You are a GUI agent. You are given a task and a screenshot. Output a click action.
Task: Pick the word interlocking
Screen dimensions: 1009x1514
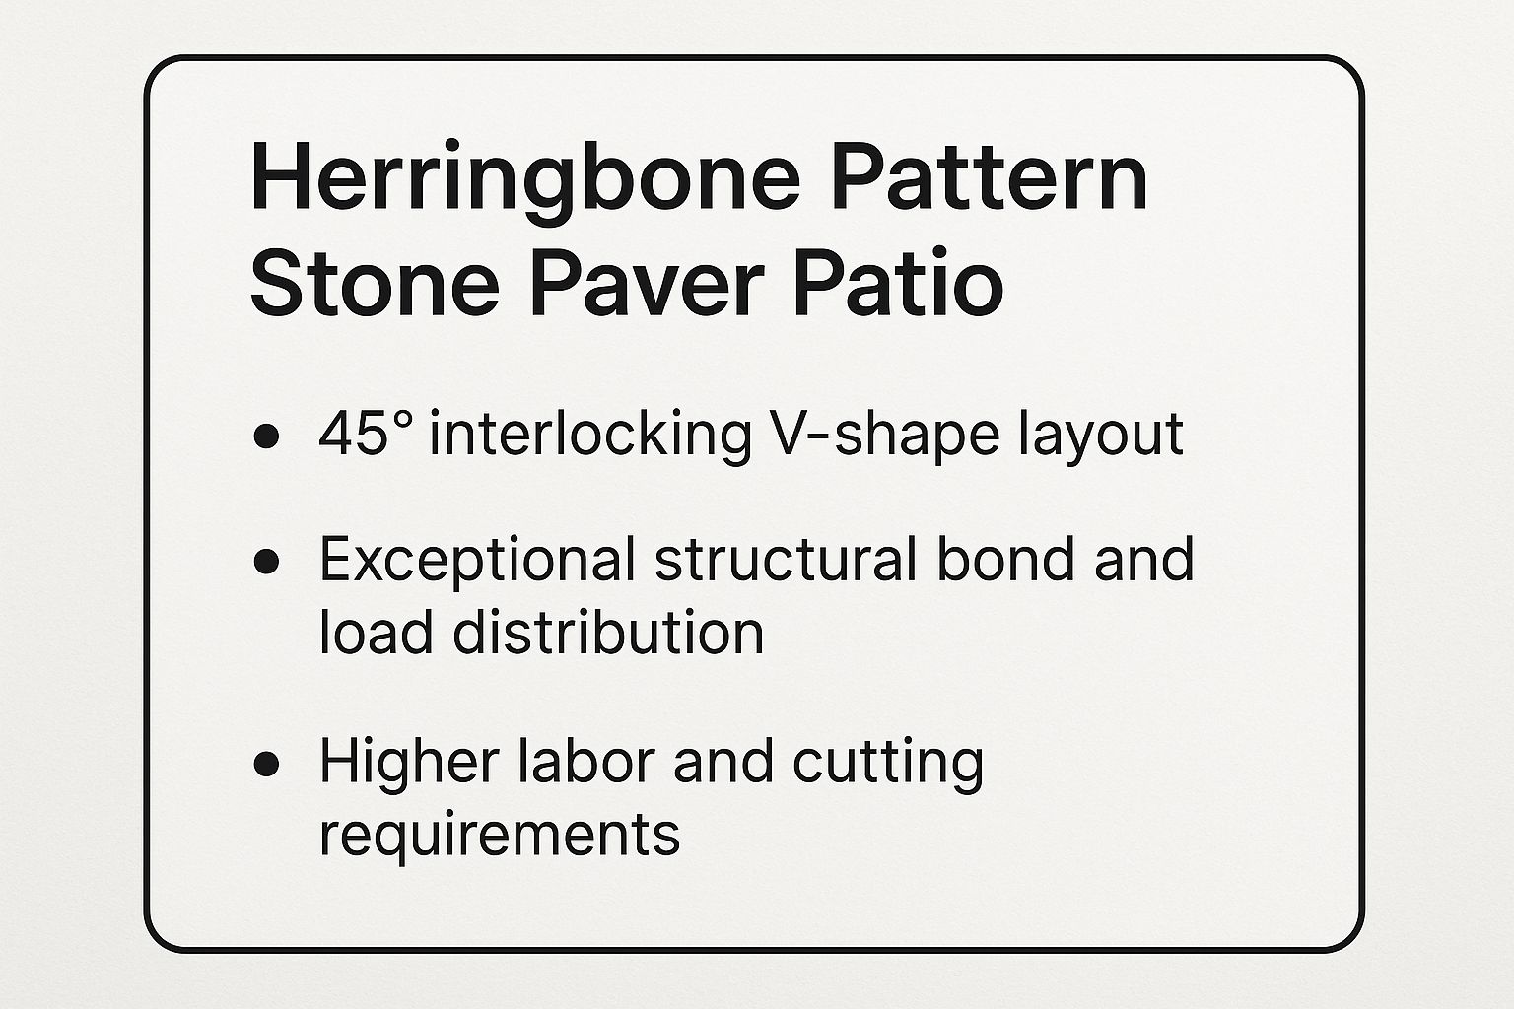pos(590,436)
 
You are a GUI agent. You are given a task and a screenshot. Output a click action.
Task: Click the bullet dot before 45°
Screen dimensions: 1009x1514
pos(265,437)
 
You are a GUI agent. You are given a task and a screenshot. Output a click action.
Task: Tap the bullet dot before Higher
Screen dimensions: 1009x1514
pos(265,764)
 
